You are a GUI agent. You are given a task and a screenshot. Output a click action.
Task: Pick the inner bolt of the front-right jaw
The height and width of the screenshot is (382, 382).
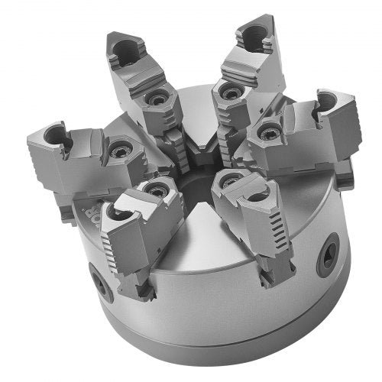click(228, 180)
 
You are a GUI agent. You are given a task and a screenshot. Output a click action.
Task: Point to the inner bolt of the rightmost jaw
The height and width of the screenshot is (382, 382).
click(267, 132)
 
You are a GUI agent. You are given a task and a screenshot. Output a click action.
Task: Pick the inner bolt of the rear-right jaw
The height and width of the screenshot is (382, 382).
click(227, 92)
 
